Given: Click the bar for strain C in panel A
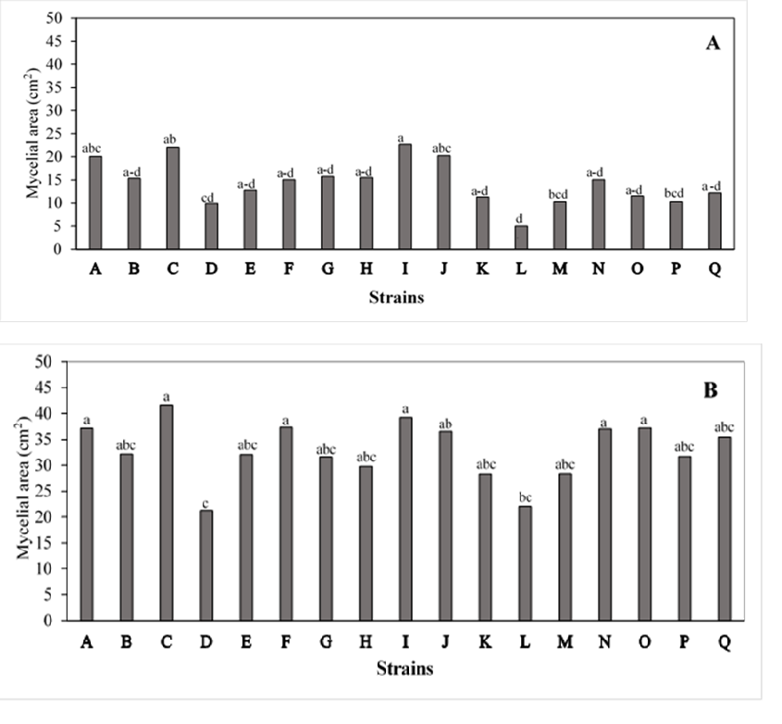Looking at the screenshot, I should pos(173,198).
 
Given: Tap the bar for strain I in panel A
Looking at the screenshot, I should pos(405,196).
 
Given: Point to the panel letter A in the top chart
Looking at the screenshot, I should pos(713,44).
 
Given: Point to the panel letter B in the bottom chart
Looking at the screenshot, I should pos(710,390).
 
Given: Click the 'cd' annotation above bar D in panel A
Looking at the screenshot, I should pos(212,194).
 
